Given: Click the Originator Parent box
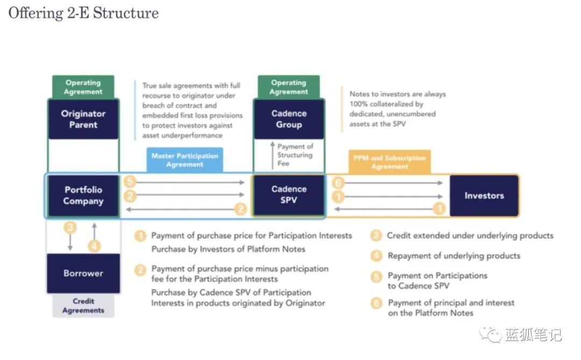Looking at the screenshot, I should pyautogui.click(x=83, y=119).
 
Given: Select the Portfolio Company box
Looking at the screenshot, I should pyautogui.click(x=83, y=195).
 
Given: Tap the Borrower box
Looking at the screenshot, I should pyautogui.click(x=83, y=273).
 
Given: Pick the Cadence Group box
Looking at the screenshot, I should pyautogui.click(x=289, y=119).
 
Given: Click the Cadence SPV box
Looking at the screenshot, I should pyautogui.click(x=289, y=195).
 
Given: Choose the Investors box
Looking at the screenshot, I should pyautogui.click(x=484, y=195).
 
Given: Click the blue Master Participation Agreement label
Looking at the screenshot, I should pyautogui.click(x=185, y=160).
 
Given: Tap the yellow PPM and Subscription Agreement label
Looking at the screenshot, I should pyautogui.click(x=389, y=162).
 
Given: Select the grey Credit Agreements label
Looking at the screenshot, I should pyautogui.click(x=83, y=306).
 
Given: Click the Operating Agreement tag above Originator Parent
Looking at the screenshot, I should pyautogui.click(x=83, y=87).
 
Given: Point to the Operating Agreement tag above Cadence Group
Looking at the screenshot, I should pyautogui.click(x=289, y=87).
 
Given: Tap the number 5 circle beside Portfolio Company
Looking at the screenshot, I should pyautogui.click(x=130, y=182).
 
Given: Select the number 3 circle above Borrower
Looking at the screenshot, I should pyautogui.click(x=70, y=228).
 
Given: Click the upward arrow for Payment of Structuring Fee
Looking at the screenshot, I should pyautogui.click(x=272, y=155).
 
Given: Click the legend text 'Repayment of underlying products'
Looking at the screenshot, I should pyautogui.click(x=454, y=256).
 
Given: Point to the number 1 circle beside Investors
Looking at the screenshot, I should pyautogui.click(x=440, y=209).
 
